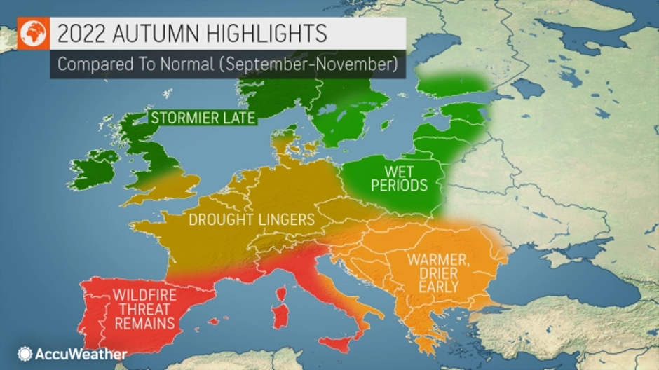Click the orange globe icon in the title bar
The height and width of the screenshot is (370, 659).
33,34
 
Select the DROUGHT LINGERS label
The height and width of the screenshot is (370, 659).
252,220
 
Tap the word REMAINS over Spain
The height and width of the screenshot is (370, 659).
146,323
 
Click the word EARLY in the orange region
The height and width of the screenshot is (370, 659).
438,287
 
